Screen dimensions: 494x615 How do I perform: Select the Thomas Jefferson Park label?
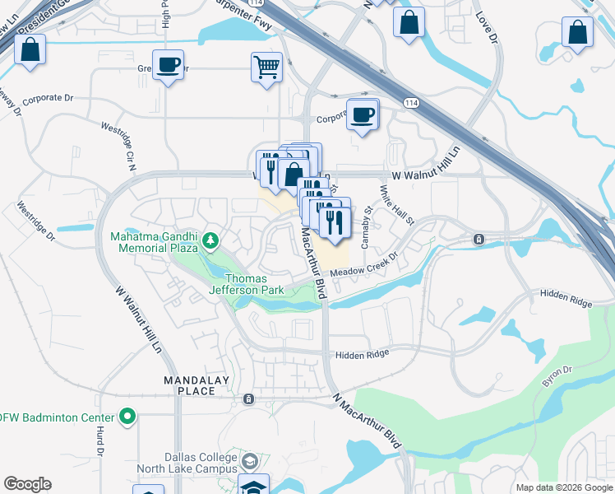click(x=246, y=284)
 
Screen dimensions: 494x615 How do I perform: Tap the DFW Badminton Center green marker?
click(x=127, y=417)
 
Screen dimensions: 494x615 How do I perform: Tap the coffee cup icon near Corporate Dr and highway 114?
click(x=362, y=114)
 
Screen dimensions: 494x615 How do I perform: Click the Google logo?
click(x=27, y=484)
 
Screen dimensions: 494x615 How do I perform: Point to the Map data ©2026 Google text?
click(x=563, y=487)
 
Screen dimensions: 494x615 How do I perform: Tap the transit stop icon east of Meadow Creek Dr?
click(x=479, y=239)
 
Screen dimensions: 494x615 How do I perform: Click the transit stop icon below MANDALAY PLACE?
click(x=247, y=399)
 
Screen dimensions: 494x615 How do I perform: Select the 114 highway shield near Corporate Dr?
click(x=410, y=101)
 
